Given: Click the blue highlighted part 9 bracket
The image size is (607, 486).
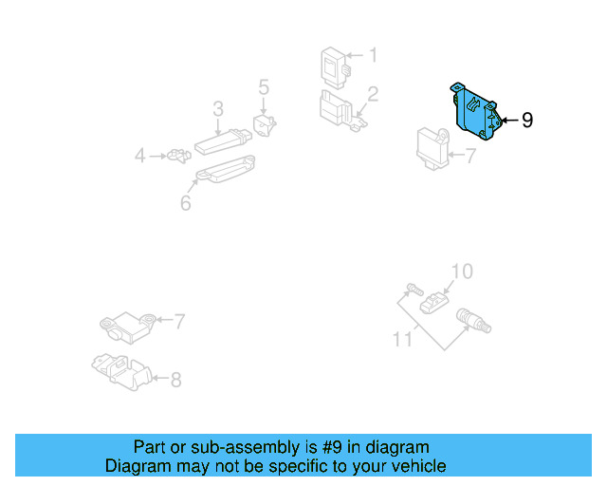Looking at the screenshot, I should (476, 113).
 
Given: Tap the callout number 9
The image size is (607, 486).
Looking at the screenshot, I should (527, 121).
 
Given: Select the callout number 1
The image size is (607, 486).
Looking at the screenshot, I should (373, 56).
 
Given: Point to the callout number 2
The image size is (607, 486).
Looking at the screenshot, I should (373, 94).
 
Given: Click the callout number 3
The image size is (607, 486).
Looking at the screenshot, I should (217, 107).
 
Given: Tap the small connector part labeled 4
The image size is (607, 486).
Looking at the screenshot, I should (175, 155).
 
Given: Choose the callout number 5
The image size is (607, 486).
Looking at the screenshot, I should (264, 88).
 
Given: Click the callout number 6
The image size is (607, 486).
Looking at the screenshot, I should (185, 202).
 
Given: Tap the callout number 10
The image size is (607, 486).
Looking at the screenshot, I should (460, 271).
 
